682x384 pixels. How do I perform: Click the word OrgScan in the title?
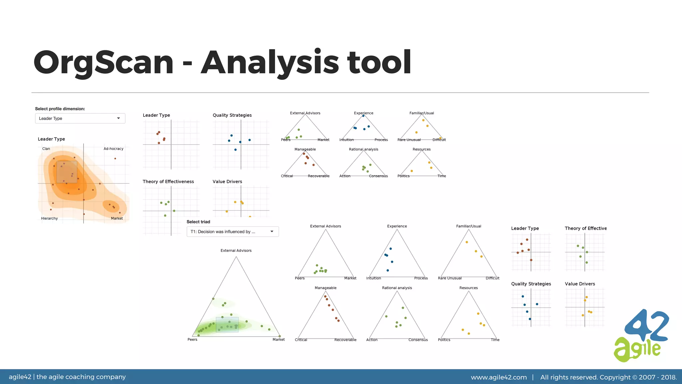coord(104,62)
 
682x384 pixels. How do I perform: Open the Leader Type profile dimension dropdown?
coord(80,118)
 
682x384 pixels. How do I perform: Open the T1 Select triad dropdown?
coord(232,232)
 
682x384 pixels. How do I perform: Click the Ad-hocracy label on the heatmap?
coord(113,149)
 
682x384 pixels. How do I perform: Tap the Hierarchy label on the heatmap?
coord(49,218)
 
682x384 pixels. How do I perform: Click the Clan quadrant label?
coord(46,149)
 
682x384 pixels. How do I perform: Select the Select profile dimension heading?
coord(60,109)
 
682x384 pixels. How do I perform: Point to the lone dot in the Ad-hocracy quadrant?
coord(115,159)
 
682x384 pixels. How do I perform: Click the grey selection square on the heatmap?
coord(67,172)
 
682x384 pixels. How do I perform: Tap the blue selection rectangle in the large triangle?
coord(227,324)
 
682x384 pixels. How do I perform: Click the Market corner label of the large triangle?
coord(278,340)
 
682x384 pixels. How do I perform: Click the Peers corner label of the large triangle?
coord(192,340)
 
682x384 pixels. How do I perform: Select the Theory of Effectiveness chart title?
coord(168,182)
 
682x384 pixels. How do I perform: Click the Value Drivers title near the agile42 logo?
coord(580,284)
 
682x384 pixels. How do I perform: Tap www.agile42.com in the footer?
coord(499,377)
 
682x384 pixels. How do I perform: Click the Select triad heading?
coord(198,222)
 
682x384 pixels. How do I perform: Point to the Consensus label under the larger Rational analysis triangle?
coord(418,340)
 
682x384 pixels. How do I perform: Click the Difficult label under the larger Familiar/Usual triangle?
coord(493,278)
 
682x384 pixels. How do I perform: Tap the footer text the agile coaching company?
coord(81,377)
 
